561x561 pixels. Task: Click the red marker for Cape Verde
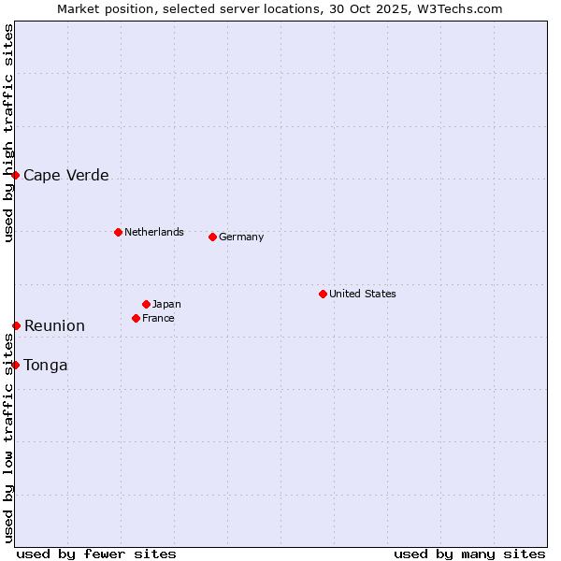tap(15, 175)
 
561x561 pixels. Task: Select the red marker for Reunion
tap(16, 325)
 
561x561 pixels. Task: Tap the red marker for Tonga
tap(15, 365)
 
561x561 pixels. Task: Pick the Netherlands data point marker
tap(118, 232)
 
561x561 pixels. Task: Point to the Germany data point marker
tap(212, 237)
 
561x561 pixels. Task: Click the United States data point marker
tap(323, 294)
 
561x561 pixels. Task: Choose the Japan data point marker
tap(146, 304)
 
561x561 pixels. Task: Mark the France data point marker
tap(136, 318)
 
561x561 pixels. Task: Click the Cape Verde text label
tap(65, 175)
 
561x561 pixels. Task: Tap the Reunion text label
tap(54, 325)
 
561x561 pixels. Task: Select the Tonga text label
tap(46, 365)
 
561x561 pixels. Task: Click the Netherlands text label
tap(153, 232)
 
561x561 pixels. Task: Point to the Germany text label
tap(241, 237)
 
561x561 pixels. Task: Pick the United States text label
tap(362, 294)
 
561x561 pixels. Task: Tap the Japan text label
tap(166, 304)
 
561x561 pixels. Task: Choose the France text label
tap(158, 318)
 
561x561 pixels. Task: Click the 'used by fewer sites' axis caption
tap(96, 554)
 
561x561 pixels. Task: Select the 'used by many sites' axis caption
tap(469, 554)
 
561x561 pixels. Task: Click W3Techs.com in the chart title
tap(458, 8)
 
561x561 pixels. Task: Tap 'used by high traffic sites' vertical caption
tap(8, 133)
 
